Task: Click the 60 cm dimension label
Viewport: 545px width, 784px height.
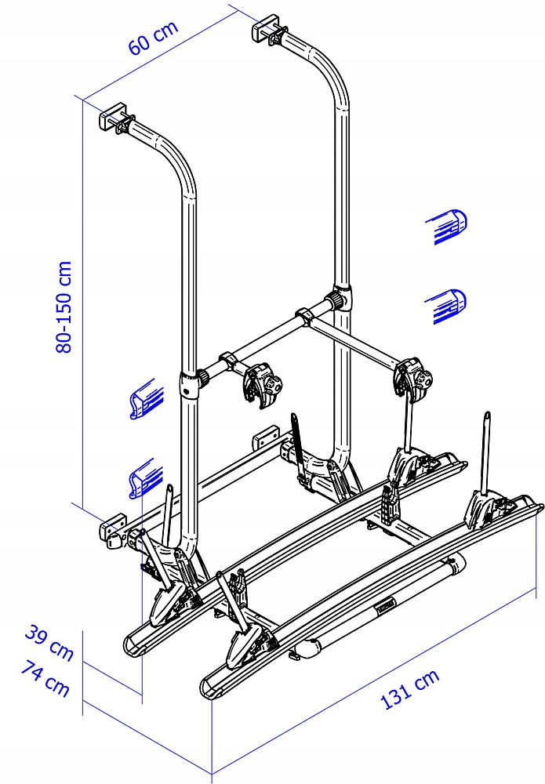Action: [153, 37]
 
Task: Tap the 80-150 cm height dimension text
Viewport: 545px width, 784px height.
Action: [64, 307]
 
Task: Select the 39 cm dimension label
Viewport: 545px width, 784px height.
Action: [49, 642]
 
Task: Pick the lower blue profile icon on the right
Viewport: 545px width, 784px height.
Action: [446, 306]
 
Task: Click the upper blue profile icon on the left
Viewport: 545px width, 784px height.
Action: [147, 398]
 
